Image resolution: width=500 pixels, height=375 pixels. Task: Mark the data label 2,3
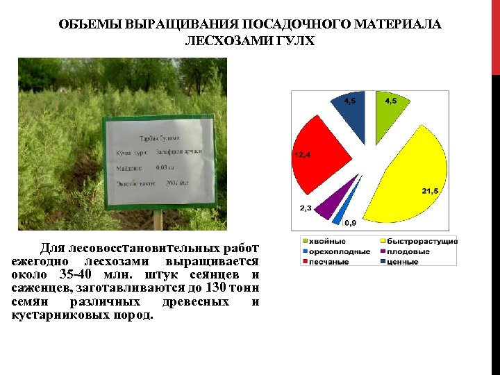pos(306,208)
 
